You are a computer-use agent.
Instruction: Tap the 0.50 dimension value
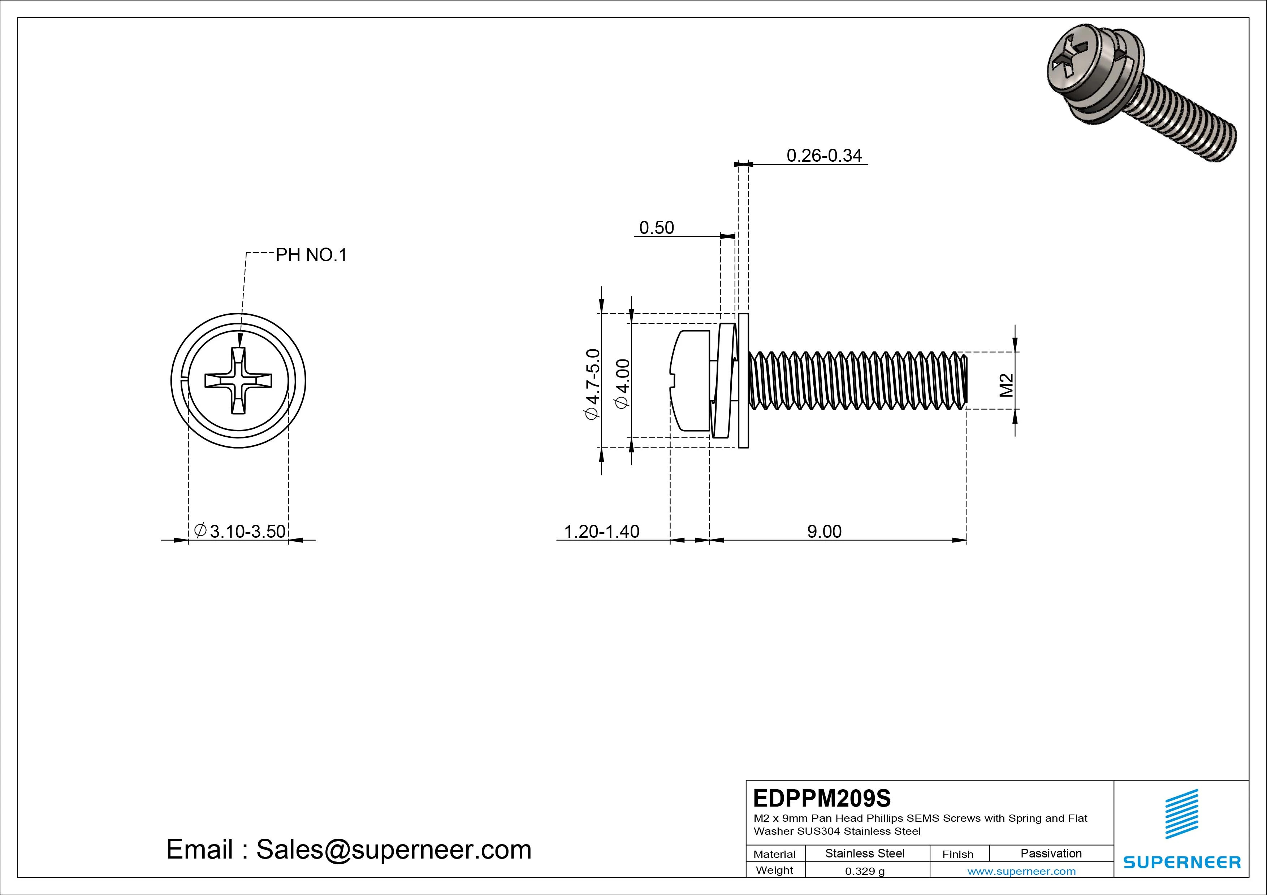coord(656,228)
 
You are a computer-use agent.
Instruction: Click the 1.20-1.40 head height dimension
coord(601,532)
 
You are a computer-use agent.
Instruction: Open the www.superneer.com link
coord(1021,871)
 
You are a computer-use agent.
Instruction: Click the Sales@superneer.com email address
coord(393,850)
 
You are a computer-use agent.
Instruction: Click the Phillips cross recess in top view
coord(238,380)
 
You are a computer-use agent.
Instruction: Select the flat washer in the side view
coord(743,380)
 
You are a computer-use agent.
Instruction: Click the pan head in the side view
coord(690,380)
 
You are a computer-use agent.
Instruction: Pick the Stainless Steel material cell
coord(865,853)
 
